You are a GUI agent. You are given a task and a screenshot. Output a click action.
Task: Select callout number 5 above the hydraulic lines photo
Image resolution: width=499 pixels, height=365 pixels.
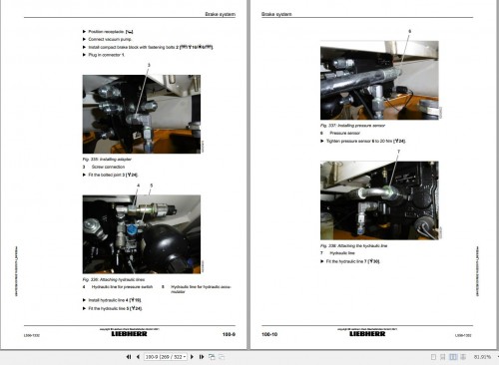(x=151, y=186)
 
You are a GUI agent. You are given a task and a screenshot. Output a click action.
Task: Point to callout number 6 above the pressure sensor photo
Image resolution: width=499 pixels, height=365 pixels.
(x=408, y=34)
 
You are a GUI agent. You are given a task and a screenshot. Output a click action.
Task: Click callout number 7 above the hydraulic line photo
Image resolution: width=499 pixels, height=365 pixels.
(x=397, y=151)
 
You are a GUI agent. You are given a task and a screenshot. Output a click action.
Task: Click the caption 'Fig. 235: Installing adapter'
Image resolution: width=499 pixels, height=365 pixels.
(x=109, y=159)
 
